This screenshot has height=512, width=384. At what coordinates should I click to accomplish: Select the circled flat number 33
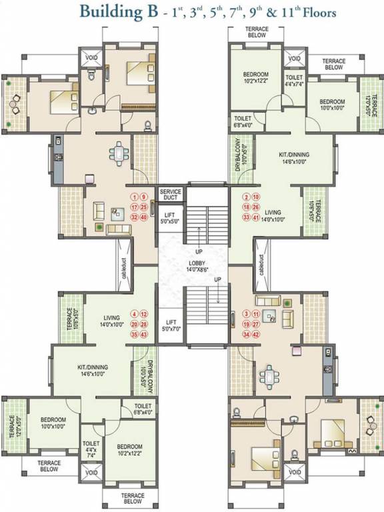pos(246,217)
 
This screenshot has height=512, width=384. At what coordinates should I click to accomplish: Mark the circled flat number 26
pos(257,207)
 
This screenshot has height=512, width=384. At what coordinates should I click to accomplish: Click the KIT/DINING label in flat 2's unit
pos(294,155)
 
